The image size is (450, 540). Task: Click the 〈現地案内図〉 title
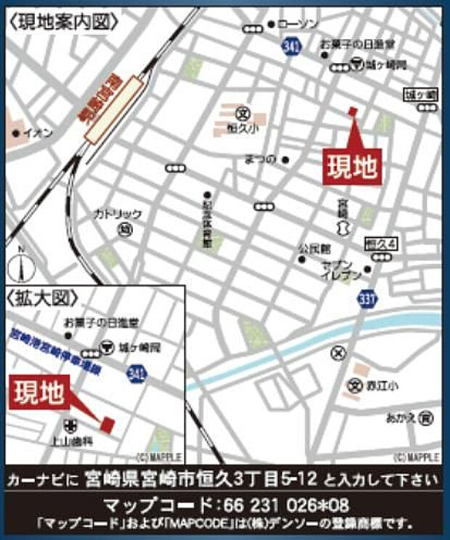[63, 22]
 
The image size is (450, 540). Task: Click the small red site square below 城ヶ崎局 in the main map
[353, 111]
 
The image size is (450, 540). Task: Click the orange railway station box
[112, 111]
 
